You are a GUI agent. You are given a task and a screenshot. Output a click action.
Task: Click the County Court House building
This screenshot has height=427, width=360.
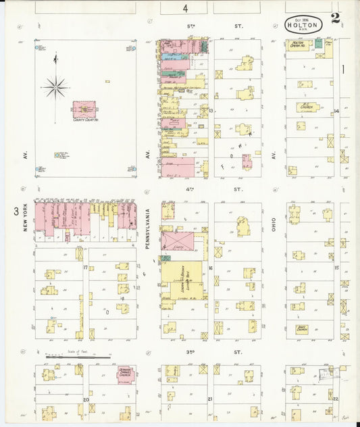pyautogui.click(x=84, y=109)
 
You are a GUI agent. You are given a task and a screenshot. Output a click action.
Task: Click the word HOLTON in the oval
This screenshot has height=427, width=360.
pyautogui.click(x=303, y=25)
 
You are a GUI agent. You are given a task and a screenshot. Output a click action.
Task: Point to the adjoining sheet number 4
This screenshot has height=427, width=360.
pyautogui.click(x=184, y=7)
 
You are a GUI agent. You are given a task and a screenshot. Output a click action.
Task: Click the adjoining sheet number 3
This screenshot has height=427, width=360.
pyautogui.click(x=16, y=211)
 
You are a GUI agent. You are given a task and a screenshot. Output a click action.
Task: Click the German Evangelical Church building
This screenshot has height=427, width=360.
pyautogui.click(x=124, y=374)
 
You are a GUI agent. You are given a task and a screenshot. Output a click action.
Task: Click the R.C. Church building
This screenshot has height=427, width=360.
pyautogui.click(x=308, y=107)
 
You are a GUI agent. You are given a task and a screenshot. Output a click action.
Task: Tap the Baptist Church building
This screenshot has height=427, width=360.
pyautogui.click(x=303, y=329)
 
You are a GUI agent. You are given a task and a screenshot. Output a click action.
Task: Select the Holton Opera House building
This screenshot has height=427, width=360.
pyautogui.click(x=299, y=45)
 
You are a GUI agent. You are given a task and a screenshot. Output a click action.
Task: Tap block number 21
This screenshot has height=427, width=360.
pyautogui.click(x=210, y=399)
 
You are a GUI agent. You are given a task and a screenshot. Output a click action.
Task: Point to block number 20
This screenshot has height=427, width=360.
pyautogui.click(x=86, y=399)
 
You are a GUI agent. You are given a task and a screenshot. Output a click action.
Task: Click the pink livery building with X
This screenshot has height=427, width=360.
pyautogui.click(x=176, y=241)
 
